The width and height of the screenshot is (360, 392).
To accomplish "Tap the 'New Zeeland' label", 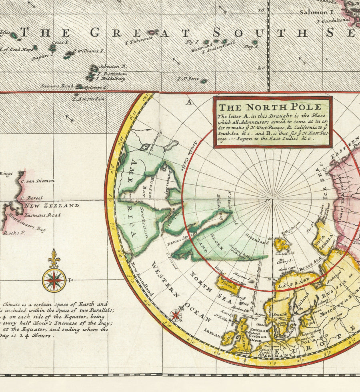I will click(51, 206).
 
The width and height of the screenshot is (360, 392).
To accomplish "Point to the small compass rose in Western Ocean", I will click(176, 314).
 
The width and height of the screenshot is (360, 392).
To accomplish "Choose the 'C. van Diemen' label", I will click(40, 181).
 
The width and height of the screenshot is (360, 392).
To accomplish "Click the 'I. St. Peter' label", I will click(188, 79).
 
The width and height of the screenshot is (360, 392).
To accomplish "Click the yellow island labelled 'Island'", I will click(228, 284).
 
